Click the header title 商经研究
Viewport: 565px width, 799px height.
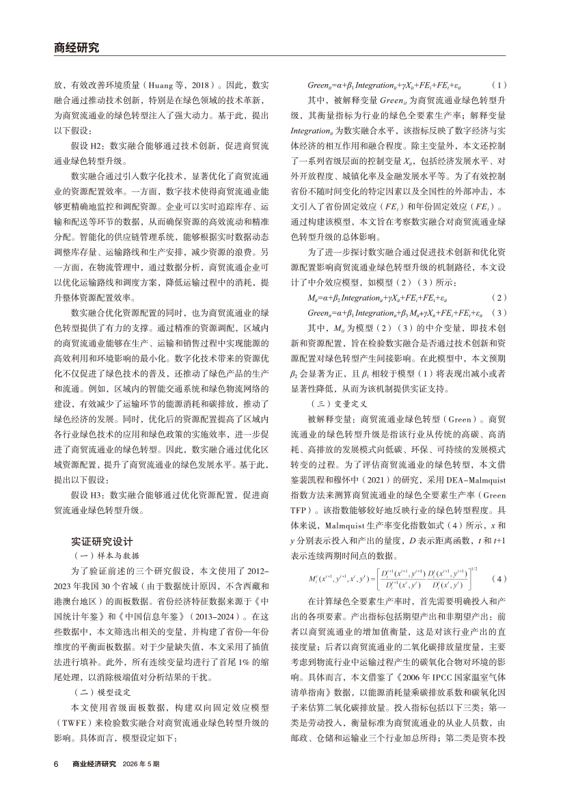pos(77,48)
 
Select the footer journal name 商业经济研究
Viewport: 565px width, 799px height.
pos(94,764)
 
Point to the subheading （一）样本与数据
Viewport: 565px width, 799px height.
pos(100,538)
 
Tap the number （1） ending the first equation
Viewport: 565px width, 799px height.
pos(500,85)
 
